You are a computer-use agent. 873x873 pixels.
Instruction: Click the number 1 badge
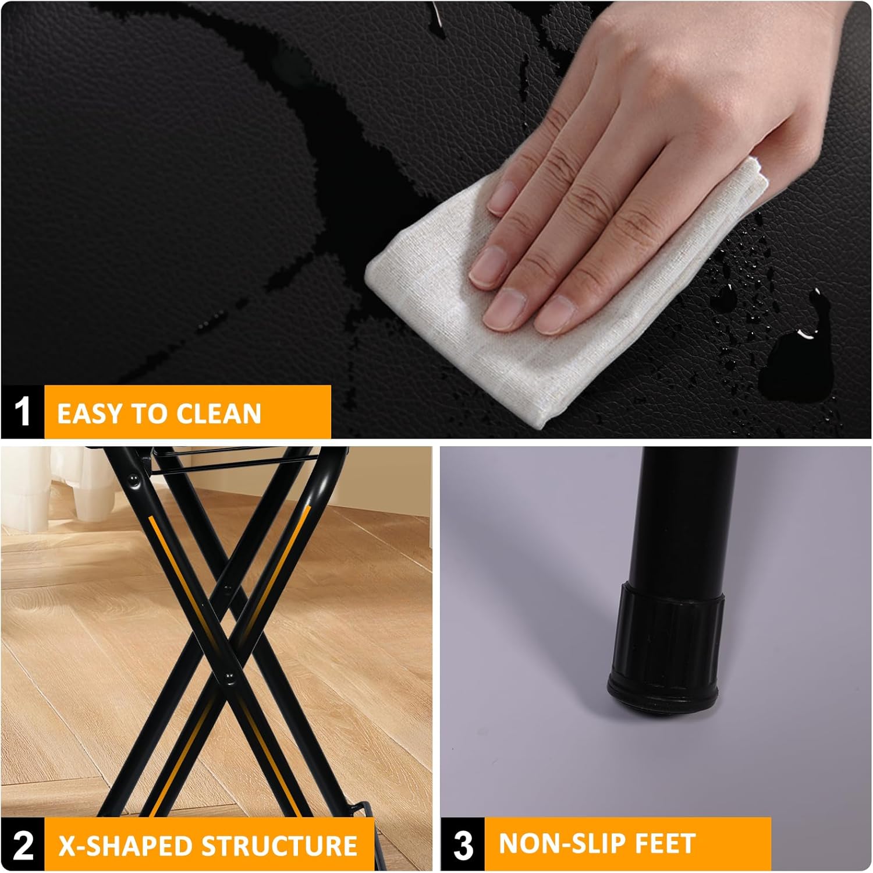coord(22,412)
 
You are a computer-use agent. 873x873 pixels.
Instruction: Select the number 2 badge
coord(22,845)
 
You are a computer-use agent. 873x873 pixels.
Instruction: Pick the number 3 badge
coord(463,844)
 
